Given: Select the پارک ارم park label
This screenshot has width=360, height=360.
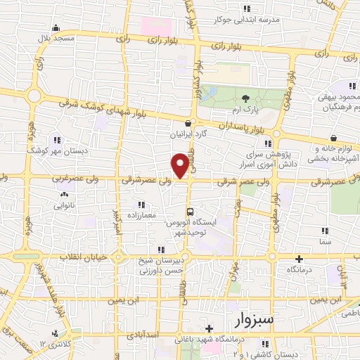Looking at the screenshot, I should point(245,110).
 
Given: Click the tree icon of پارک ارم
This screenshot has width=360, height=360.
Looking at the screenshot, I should point(245,98).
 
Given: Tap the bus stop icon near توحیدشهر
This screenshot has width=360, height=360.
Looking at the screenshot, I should point(190,211).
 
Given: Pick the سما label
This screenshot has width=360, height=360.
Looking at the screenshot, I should point(324,240).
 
